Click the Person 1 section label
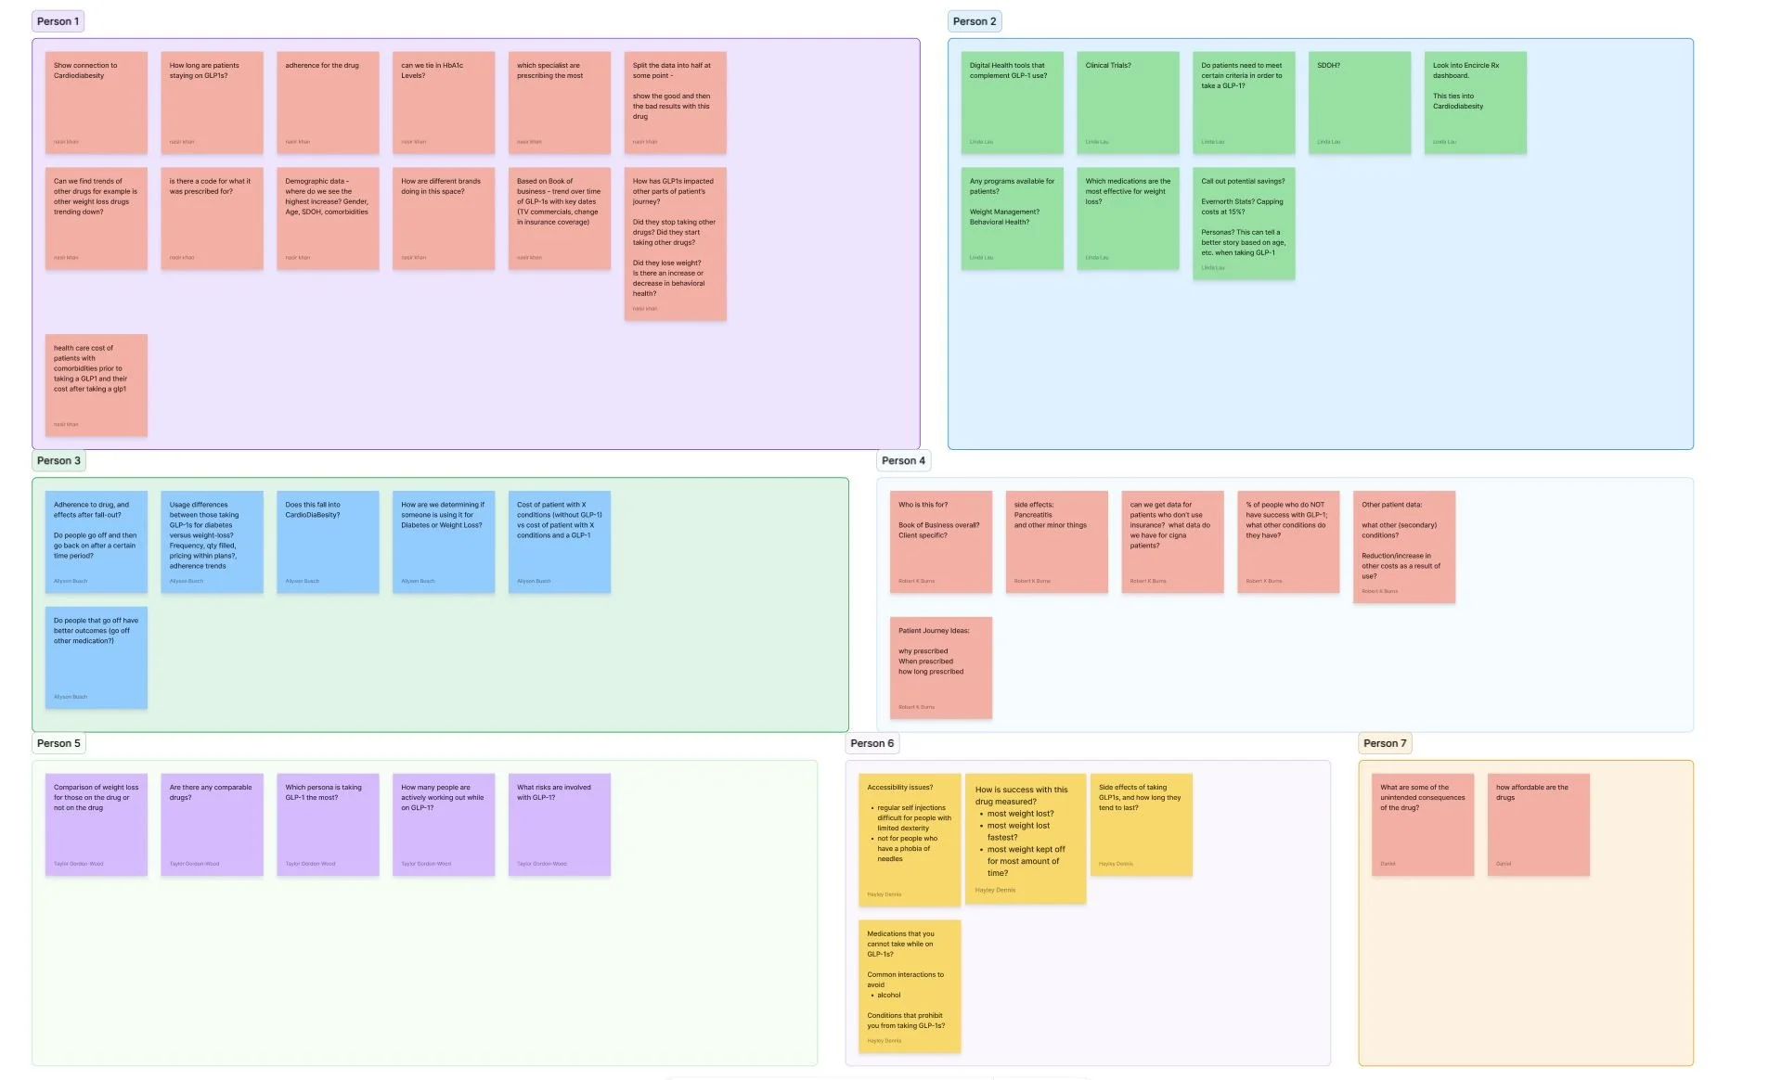[x=58, y=21]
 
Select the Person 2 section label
[x=974, y=21]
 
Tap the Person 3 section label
[x=58, y=460]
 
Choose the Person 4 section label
[x=902, y=460]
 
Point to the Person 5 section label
[x=58, y=743]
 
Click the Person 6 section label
[x=872, y=743]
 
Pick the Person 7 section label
[x=1384, y=743]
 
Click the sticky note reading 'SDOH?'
[x=1359, y=102]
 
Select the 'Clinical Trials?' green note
[x=1128, y=102]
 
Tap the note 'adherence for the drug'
[x=328, y=102]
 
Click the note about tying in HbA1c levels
[x=444, y=102]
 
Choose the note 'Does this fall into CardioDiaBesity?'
[x=328, y=542]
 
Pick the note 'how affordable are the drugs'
[x=1538, y=824]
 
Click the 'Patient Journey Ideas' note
[x=940, y=667]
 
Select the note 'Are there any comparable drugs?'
[x=212, y=824]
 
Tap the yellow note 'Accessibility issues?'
[x=909, y=839]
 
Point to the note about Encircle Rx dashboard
[x=1475, y=102]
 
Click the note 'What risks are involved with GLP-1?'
[x=559, y=824]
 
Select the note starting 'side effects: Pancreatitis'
[x=1056, y=542]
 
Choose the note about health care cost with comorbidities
[x=97, y=385]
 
